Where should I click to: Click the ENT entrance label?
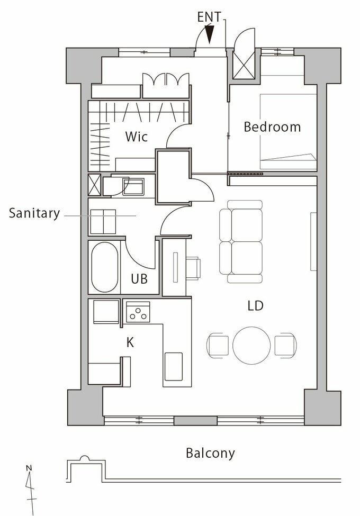[209, 17]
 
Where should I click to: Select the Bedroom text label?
[272, 126]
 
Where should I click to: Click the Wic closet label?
[136, 136]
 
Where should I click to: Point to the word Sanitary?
[34, 213]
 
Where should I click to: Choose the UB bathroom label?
[139, 279]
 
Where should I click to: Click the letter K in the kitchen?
[130, 342]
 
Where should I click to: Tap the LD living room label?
[255, 306]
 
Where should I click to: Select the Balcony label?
[210, 453]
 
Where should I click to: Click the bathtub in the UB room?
[104, 267]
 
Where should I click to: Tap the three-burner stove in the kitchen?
[138, 312]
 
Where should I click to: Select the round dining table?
[251, 345]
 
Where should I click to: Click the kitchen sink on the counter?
[174, 366]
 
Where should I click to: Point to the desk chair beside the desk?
[194, 268]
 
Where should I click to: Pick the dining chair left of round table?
[218, 345]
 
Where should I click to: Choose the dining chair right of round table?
[286, 345]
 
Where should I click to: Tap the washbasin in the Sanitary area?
[133, 187]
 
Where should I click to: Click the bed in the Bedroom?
[288, 132]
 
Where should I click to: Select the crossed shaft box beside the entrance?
[244, 65]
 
